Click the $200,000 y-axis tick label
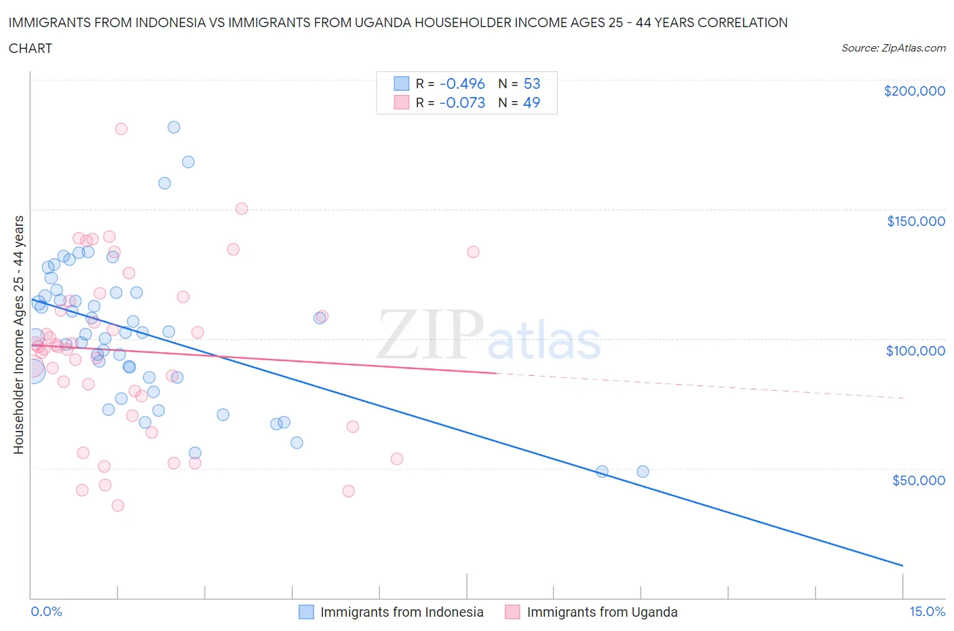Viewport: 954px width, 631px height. [x=914, y=92]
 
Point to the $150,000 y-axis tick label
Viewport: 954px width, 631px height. [x=915, y=221]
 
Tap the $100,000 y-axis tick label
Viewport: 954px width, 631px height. [x=915, y=351]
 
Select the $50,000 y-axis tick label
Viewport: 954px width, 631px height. [x=918, y=480]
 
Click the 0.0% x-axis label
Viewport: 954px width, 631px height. [x=46, y=612]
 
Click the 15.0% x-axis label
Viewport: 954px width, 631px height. [x=927, y=612]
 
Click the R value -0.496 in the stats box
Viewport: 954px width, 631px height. [x=462, y=83]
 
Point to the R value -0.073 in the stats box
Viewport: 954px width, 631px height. [x=462, y=102]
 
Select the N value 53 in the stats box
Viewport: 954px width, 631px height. [x=532, y=83]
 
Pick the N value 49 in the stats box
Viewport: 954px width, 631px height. [x=532, y=102]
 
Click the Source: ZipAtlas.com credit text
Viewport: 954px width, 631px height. [x=893, y=48]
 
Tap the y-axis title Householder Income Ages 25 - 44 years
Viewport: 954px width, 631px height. [x=19, y=334]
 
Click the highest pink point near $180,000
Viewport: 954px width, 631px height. [x=121, y=129]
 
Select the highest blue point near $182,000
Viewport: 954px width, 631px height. [x=174, y=128]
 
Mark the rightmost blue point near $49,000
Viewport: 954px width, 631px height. [x=643, y=472]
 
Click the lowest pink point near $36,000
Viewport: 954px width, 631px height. [x=117, y=505]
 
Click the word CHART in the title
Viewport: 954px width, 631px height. [x=31, y=48]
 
